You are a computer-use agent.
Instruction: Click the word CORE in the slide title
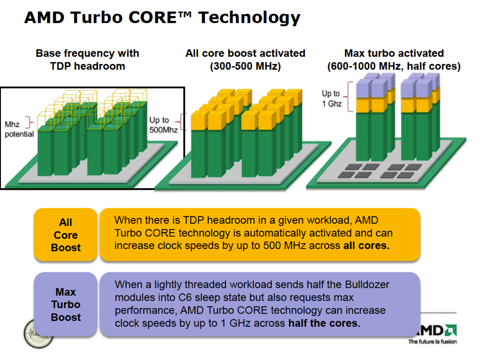pyautogui.click(x=152, y=17)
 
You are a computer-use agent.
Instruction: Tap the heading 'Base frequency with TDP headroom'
pyautogui.click(x=87, y=60)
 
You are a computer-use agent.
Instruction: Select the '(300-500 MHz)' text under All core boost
pyautogui.click(x=245, y=66)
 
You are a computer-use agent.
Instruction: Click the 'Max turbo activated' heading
pyautogui.click(x=394, y=53)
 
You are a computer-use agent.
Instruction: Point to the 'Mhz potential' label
pyautogui.click(x=19, y=129)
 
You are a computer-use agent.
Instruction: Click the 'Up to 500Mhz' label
pyautogui.click(x=163, y=125)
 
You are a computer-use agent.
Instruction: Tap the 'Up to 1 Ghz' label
pyautogui.click(x=332, y=99)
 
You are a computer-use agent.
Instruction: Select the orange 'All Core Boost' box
pyautogui.click(x=66, y=235)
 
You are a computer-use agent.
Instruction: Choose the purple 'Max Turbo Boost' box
pyautogui.click(x=66, y=304)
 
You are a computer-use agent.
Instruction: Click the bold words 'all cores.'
pyautogui.click(x=366, y=245)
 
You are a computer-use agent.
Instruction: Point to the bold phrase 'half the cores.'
pyautogui.click(x=324, y=323)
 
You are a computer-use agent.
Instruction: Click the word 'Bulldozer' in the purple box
pyautogui.click(x=367, y=284)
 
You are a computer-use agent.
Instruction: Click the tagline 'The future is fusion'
pyautogui.click(x=432, y=342)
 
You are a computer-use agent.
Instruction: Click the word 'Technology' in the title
pyautogui.click(x=249, y=18)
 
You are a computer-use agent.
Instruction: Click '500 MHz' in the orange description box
pyautogui.click(x=284, y=245)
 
